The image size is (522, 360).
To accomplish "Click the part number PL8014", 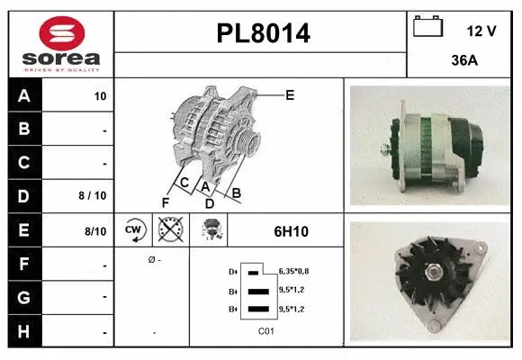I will coord(264,34).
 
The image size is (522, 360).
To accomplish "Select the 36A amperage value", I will coord(463,62).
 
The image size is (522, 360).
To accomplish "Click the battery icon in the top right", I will coord(427,27).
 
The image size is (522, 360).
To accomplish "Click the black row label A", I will coord(23,95).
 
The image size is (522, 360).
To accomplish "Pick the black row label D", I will coord(23,194).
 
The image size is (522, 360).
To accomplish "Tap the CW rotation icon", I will coord(134,230).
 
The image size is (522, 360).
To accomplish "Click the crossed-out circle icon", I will coord(168,230).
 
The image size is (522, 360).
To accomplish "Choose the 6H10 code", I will coord(291,231).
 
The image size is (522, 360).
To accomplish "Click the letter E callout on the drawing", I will coord(290,94).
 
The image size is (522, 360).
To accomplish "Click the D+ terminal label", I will coord(234,271).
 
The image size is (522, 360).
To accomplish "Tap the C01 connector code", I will coord(265,331).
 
